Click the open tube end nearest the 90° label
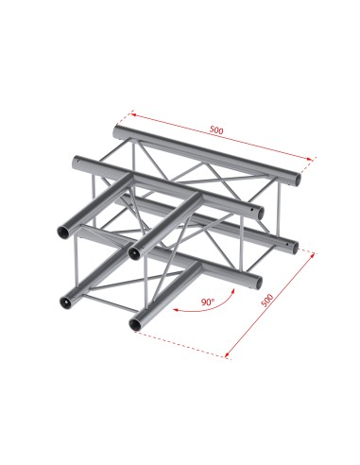[x=140, y=321]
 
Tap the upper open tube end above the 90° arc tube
[x=137, y=249]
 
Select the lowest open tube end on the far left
[x=66, y=301]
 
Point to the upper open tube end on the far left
[x=65, y=229]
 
